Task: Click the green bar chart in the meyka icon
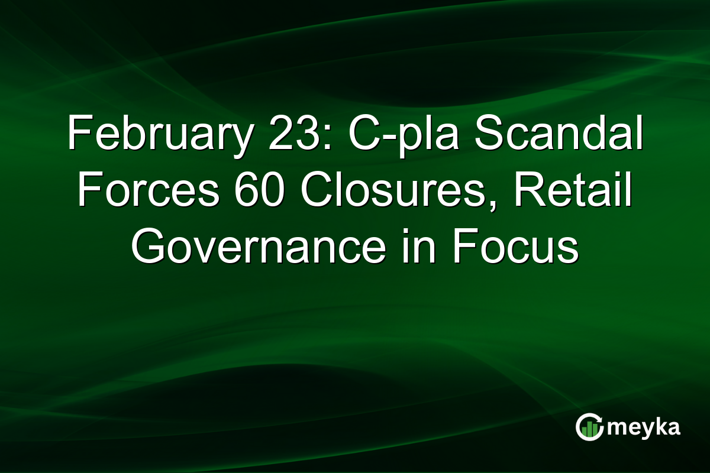click(x=589, y=429)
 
